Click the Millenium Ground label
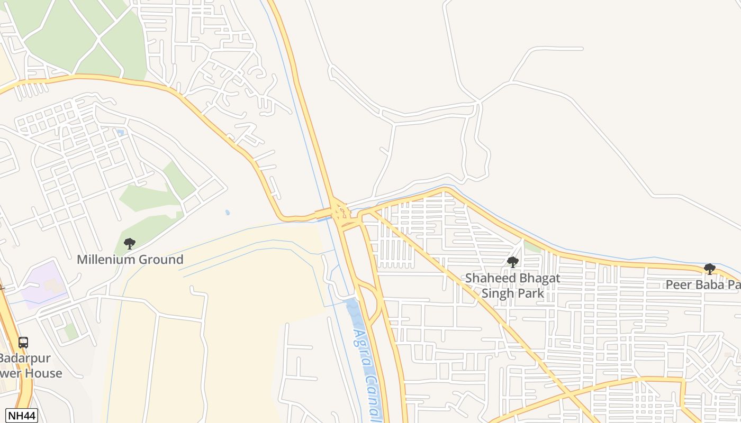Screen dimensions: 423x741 point(130,260)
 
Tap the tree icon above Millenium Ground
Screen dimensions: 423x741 point(130,244)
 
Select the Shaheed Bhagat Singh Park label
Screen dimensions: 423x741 point(512,286)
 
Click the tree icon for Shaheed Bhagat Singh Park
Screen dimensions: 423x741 point(512,262)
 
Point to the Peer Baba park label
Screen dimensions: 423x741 point(702,284)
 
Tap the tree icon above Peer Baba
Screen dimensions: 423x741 point(710,269)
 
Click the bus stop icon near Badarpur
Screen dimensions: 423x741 point(23,342)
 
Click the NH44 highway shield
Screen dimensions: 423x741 point(22,416)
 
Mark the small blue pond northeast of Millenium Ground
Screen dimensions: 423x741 point(228,213)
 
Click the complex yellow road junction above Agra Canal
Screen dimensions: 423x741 point(339,213)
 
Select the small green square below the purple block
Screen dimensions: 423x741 point(70,332)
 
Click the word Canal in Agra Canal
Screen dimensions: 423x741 point(374,398)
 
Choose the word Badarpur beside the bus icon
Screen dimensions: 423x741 point(25,358)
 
